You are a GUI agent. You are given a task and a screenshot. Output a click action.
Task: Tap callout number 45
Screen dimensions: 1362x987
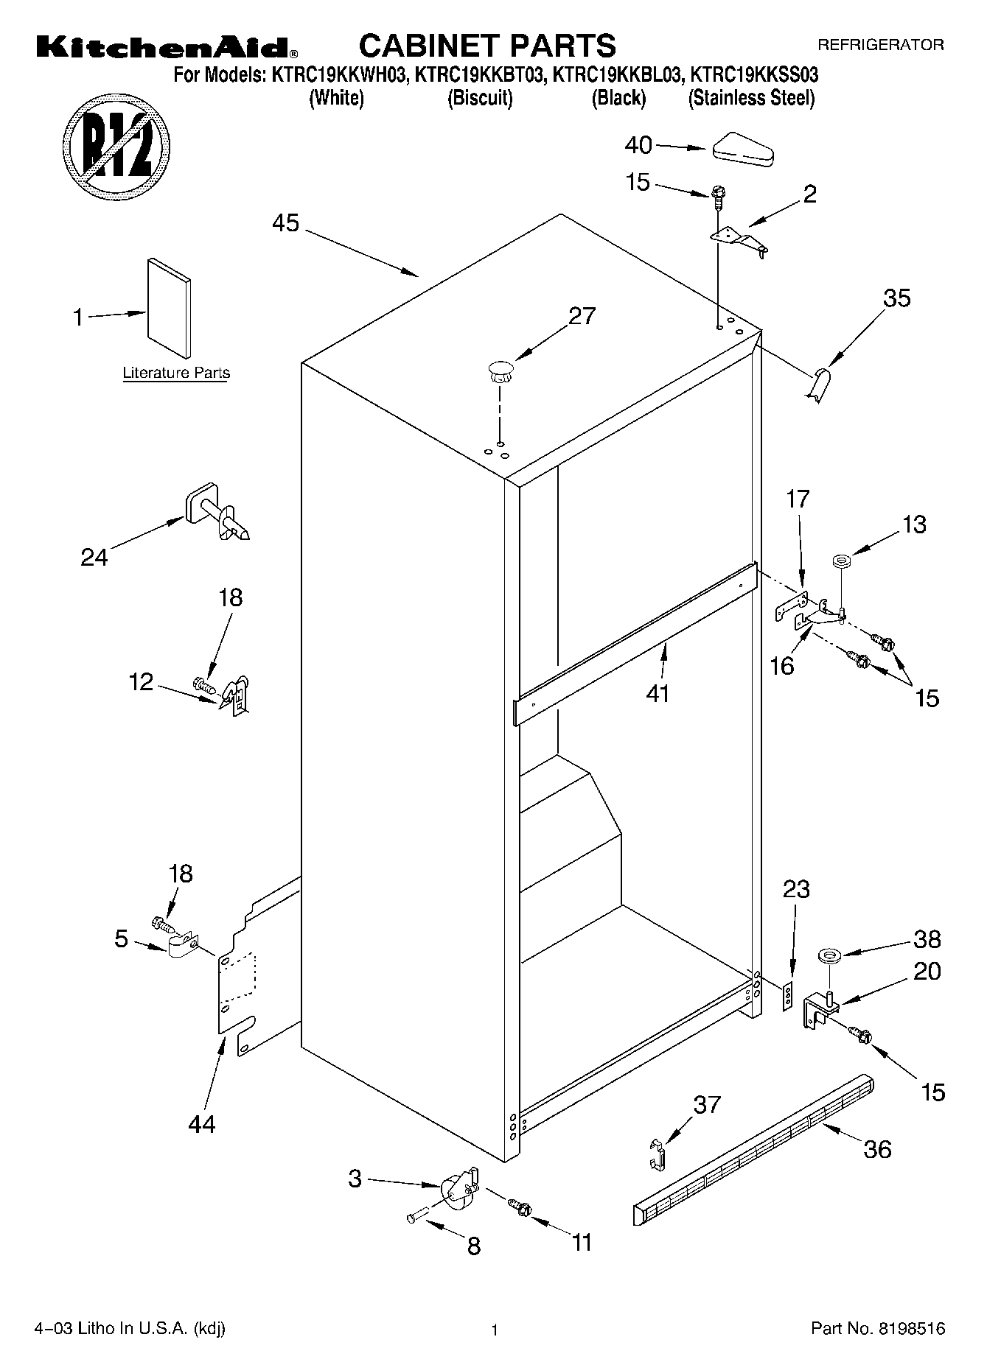[286, 222]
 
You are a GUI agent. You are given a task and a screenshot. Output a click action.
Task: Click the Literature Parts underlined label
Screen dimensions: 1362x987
[176, 373]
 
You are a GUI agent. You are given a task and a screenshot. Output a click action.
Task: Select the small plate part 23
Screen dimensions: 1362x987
[788, 995]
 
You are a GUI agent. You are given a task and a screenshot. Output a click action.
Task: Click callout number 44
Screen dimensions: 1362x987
[201, 1124]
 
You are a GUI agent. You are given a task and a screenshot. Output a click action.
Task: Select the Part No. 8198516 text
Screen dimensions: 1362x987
[877, 1330]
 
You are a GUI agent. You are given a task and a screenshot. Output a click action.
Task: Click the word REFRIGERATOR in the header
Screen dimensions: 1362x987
[880, 45]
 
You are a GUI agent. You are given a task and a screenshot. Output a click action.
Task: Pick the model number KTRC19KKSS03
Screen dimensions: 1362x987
[753, 75]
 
